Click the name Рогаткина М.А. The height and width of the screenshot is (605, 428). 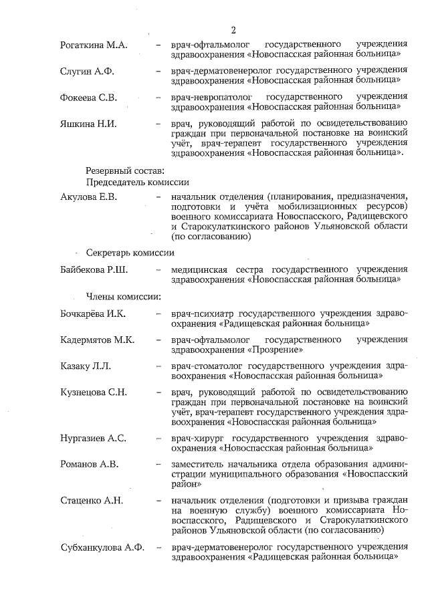[94, 45]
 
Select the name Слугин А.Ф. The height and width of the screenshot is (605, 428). [87, 72]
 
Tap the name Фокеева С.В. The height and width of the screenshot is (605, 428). [89, 98]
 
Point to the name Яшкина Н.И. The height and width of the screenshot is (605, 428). [88, 124]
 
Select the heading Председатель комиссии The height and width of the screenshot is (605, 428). [137, 182]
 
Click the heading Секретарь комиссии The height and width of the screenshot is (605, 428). [130, 253]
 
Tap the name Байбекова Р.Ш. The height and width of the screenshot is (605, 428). [94, 270]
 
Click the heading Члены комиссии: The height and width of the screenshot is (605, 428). [122, 296]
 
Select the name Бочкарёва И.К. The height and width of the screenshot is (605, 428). [93, 314]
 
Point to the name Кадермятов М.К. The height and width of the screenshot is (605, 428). [97, 340]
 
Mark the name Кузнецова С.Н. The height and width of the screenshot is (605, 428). [93, 392]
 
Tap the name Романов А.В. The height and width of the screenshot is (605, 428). [88, 465]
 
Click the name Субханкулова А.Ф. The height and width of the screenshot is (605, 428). [102, 548]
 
